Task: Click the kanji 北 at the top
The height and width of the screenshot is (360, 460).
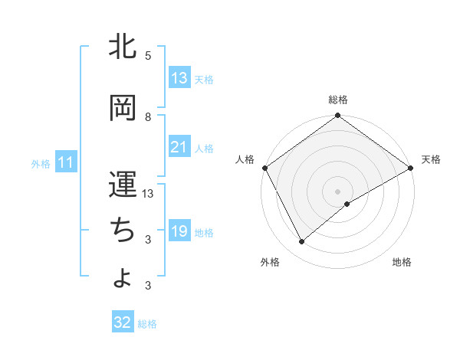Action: pos(123,47)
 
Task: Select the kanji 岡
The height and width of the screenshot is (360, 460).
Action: pos(123,107)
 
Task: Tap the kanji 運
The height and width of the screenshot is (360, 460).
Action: pos(123,184)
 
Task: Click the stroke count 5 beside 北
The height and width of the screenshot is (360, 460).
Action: pos(148,56)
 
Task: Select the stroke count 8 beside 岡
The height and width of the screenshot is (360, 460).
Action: pos(148,116)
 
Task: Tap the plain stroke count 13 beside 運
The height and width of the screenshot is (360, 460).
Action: pos(149,194)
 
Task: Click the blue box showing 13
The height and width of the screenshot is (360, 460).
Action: pos(179,78)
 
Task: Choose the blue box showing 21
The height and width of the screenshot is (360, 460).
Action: pos(179,147)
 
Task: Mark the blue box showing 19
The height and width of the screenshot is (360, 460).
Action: pos(179,231)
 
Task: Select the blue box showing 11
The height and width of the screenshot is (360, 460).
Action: pos(66,162)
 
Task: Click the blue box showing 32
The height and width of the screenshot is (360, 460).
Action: pos(123,322)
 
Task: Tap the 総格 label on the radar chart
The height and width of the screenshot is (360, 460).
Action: pos(338,100)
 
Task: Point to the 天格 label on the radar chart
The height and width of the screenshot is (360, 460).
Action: pos(431,159)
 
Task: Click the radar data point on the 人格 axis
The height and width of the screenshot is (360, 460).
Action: pos(265,168)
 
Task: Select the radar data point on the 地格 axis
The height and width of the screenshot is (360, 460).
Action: pos(347,204)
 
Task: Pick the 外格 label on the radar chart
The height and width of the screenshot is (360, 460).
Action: pos(270,262)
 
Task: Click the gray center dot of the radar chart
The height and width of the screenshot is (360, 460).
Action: pos(338,191)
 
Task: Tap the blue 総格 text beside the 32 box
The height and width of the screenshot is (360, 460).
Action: pos(147,324)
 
